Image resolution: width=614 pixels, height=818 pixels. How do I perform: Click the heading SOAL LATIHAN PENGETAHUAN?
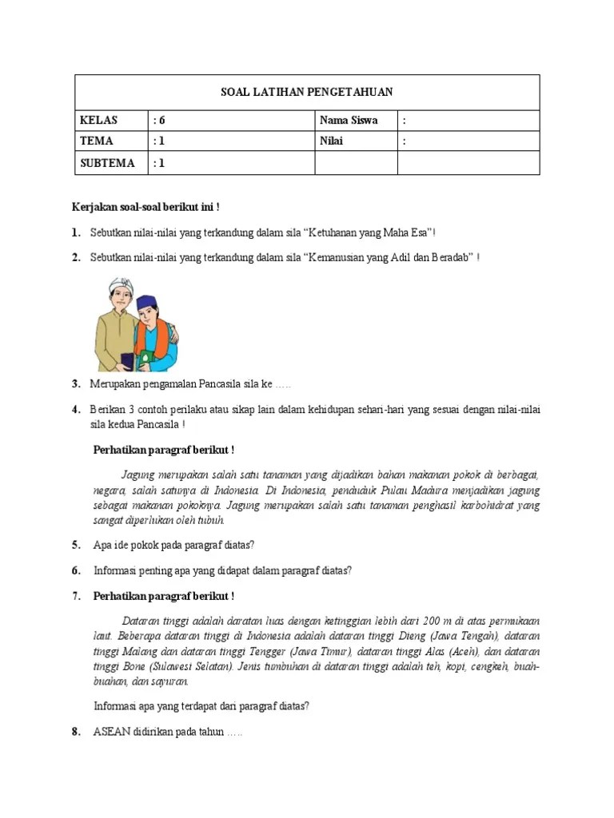pos(307,93)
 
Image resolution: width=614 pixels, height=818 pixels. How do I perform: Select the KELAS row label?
pos(98,121)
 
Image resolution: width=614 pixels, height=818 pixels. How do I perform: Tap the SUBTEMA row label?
pos(106,163)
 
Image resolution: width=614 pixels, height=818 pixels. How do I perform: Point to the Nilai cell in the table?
pos(335,141)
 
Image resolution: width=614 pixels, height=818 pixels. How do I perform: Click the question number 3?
pos(76,384)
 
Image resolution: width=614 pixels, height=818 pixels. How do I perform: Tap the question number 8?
pos(76,732)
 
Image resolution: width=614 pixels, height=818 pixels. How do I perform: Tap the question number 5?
pos(76,546)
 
